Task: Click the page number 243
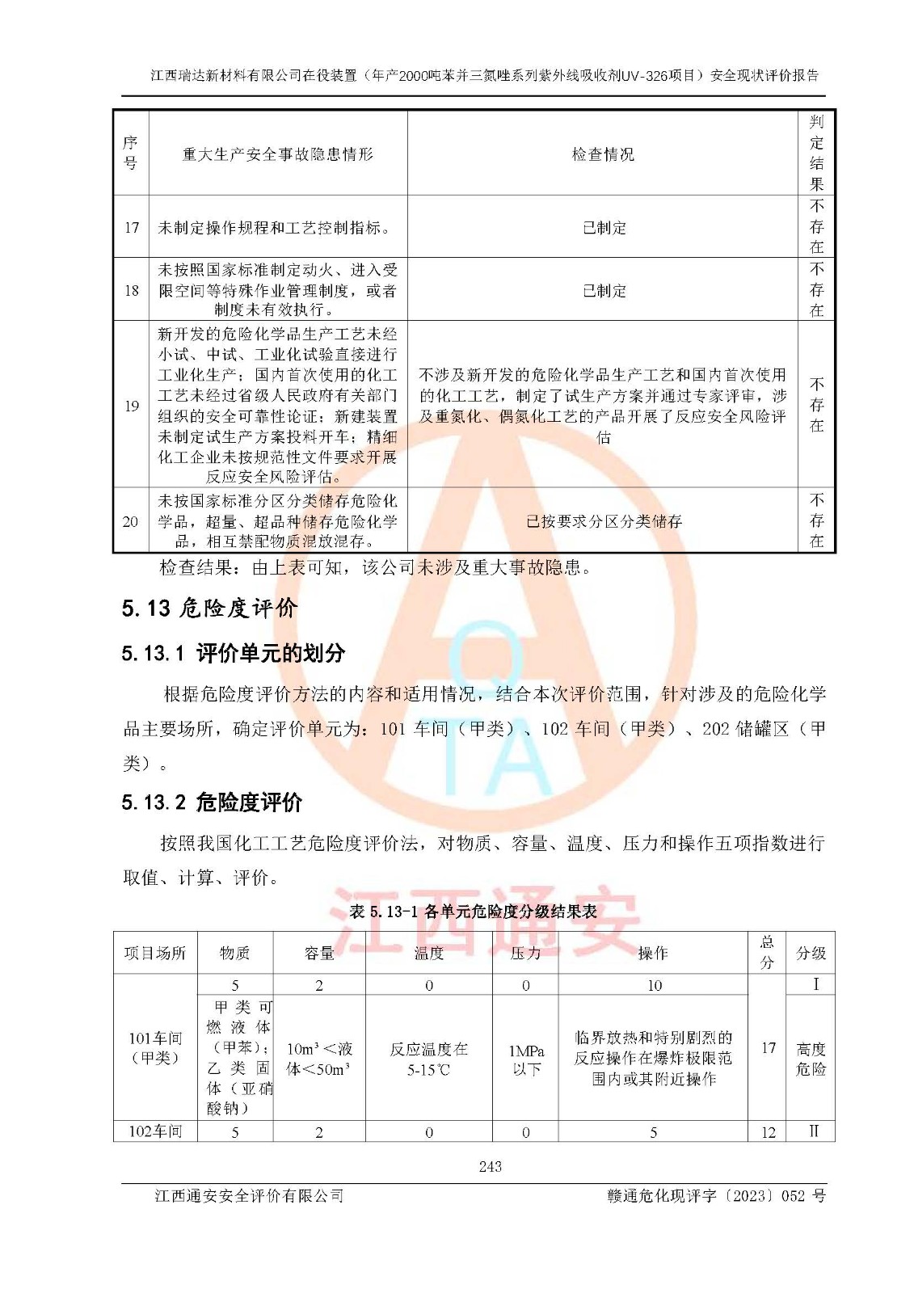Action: click(490, 1166)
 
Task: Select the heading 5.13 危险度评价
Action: click(209, 608)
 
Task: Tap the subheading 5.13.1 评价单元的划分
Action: click(234, 653)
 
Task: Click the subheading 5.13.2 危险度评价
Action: click(212, 802)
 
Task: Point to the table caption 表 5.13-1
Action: click(473, 912)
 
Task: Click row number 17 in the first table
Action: click(131, 227)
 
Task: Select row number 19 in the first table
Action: click(131, 406)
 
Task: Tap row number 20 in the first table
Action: click(131, 521)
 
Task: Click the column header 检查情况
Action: click(603, 154)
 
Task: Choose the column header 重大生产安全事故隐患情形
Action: click(278, 154)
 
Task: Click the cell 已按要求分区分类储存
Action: click(604, 521)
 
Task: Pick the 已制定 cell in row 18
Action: click(604, 291)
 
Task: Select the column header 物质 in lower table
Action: click(235, 954)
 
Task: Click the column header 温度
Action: click(428, 954)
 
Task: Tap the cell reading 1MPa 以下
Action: click(526, 1059)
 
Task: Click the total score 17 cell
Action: click(768, 1048)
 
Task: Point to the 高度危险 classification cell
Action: click(811, 1059)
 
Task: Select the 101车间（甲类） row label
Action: click(155, 1047)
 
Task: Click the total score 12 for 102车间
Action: click(768, 1132)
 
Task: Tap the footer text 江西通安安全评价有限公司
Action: click(250, 1196)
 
